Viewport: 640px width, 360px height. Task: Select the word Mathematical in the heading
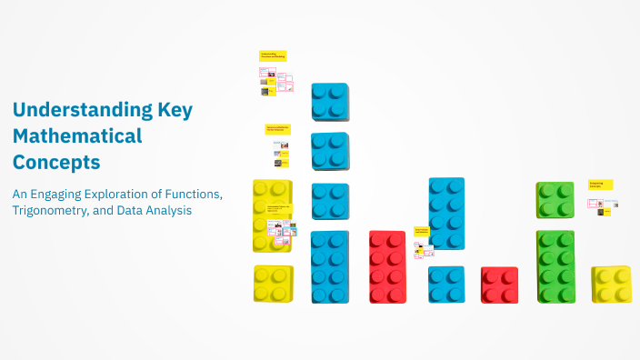point(77,136)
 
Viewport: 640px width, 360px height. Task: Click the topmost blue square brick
point(329,102)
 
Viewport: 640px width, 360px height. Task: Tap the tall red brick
point(387,266)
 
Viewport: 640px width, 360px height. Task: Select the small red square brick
point(499,285)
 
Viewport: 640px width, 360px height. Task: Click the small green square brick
point(555,200)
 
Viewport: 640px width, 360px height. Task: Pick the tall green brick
point(555,266)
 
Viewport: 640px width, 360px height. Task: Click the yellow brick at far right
point(611,285)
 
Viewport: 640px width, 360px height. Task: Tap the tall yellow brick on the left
point(272,215)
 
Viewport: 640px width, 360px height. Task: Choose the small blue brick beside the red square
point(446,285)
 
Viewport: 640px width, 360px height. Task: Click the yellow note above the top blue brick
point(273,55)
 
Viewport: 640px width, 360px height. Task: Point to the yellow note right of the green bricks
point(601,185)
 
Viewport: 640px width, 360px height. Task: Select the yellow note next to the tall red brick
point(421,232)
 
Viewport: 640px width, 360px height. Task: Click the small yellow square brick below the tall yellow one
point(273,284)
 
